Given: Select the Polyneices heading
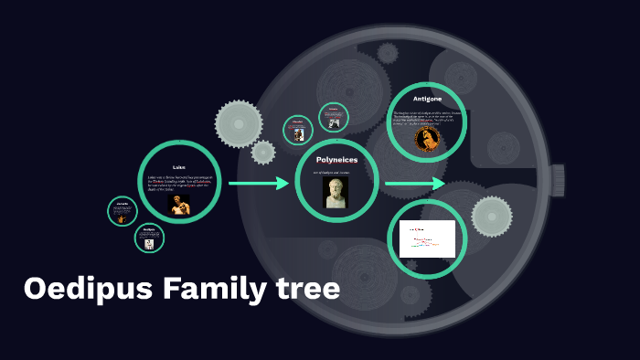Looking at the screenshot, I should coord(336,160).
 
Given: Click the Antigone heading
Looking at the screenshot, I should coord(427,99).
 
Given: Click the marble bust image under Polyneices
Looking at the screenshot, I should coord(336,193).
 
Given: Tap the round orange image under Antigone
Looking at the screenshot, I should coord(426,139).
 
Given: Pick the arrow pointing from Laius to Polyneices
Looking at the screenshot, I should coord(258,184).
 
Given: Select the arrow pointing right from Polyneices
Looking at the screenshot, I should coord(414,184).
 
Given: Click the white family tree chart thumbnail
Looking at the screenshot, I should coord(427,238).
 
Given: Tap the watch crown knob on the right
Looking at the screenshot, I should coord(560,184).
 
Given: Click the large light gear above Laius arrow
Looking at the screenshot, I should coord(239,123).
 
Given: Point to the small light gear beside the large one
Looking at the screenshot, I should coord(263,153).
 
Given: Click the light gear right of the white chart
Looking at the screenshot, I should coord(492,216).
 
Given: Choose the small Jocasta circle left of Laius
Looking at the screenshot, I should coord(123,212).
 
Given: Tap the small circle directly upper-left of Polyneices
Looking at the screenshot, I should coord(298,130).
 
